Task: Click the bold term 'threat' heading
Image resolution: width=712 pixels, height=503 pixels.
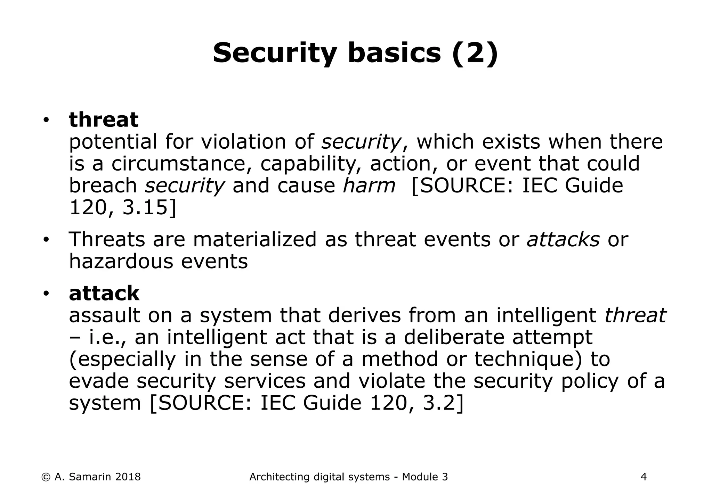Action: [x=104, y=120]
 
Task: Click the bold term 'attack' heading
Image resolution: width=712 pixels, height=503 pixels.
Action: [x=104, y=294]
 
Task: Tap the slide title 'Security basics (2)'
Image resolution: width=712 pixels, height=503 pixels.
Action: [x=355, y=53]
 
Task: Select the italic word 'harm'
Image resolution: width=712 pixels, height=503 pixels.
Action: [x=369, y=185]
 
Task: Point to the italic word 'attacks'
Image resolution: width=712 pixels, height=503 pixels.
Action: [x=563, y=240]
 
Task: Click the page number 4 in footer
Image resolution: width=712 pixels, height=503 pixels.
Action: [x=644, y=477]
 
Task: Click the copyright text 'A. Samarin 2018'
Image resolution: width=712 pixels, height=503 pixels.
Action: [x=97, y=477]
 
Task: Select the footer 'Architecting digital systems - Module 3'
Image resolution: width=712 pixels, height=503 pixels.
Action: [x=349, y=477]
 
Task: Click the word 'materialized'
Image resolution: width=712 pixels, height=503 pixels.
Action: [x=255, y=240]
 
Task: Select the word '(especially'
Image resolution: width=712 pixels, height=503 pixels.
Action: [x=122, y=360]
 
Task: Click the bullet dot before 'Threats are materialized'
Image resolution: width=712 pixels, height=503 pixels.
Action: [x=46, y=240]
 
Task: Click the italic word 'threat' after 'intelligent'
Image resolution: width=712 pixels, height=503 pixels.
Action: [x=635, y=316]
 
